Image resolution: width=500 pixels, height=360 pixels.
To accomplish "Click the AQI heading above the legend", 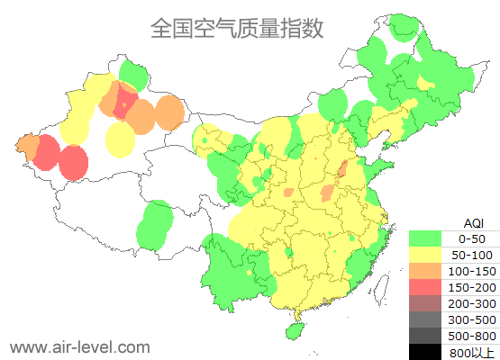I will click(472, 222).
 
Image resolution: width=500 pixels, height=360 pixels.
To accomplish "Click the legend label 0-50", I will click(472, 238).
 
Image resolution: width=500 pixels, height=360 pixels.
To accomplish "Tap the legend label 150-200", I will click(472, 287).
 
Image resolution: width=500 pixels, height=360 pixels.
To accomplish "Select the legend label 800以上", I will click(472, 352).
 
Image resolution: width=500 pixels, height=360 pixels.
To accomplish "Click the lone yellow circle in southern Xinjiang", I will click(120, 139).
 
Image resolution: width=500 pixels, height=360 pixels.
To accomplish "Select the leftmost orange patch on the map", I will click(27, 146).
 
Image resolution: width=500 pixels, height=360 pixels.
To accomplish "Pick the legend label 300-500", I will click(472, 319).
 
